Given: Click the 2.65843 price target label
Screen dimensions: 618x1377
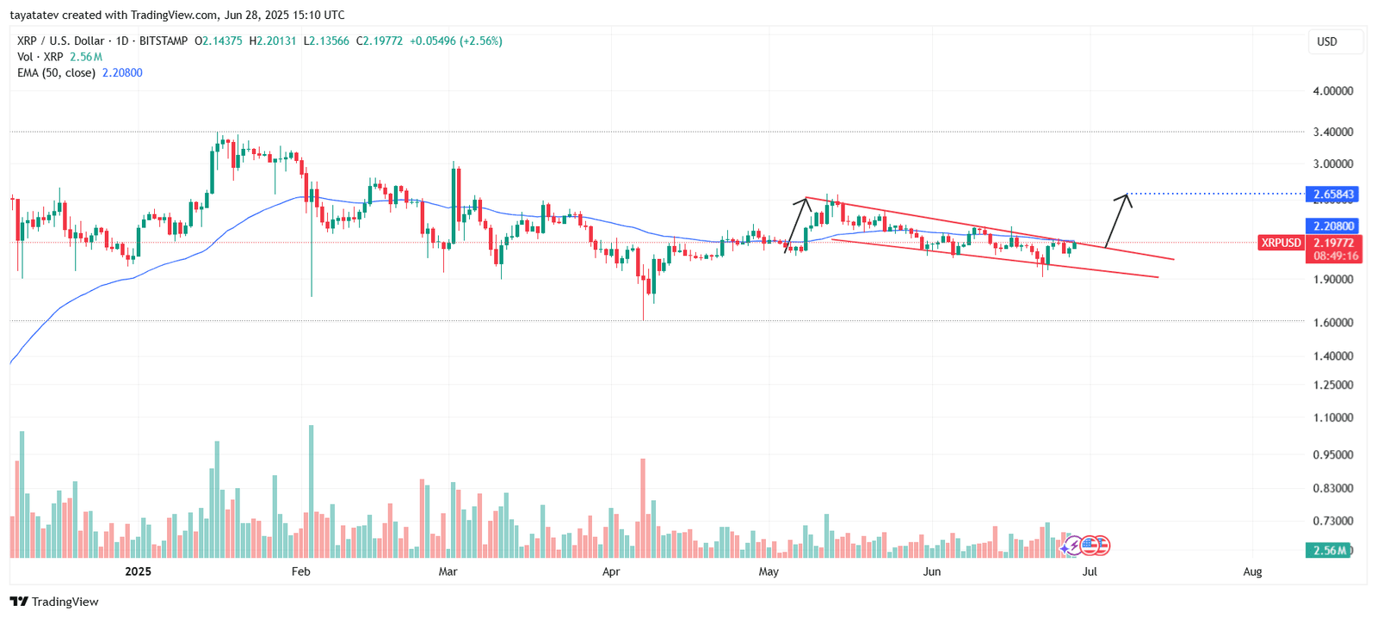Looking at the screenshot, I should pos(1333,195).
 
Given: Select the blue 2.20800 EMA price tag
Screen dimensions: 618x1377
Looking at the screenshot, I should pos(1333,226).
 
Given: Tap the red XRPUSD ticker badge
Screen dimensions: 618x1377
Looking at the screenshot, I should pos(1281,243).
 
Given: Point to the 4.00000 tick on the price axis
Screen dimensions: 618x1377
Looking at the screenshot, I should pos(1332,90).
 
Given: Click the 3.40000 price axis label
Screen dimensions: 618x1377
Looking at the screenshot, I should pos(1332,132).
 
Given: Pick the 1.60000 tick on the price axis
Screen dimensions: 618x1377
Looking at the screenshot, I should pos(1332,322).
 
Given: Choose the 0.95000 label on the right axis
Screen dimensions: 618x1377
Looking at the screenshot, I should pos(1332,454).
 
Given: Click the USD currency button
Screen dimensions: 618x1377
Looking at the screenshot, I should pos(1327,41).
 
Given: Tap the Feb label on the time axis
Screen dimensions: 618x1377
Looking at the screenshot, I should pos(300,572).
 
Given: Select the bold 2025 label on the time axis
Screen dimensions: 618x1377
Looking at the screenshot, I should pos(138,572).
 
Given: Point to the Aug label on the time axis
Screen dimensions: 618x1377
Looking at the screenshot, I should pos(1252,572).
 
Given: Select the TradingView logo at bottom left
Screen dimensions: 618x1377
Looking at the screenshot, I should pos(55,602).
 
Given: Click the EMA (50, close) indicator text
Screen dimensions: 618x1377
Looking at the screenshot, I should pos(56,73).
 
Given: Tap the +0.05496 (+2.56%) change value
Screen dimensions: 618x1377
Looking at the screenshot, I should pos(455,40).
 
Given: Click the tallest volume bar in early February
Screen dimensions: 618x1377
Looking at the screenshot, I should pos(311,491).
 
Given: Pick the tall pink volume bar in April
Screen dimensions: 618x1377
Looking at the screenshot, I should pos(643,508).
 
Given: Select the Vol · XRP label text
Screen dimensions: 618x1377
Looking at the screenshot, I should pos(40,57).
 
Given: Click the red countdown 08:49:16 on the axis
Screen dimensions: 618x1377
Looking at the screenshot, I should pos(1336,256).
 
